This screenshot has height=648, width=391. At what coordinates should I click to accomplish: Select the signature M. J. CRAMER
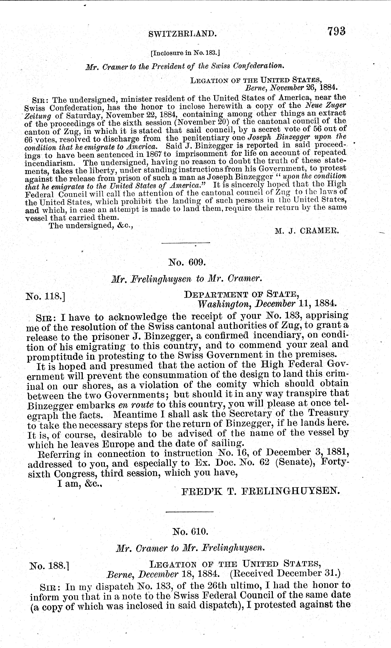click(x=307, y=231)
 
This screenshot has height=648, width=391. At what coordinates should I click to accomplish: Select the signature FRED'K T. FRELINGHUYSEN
click(x=260, y=491)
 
